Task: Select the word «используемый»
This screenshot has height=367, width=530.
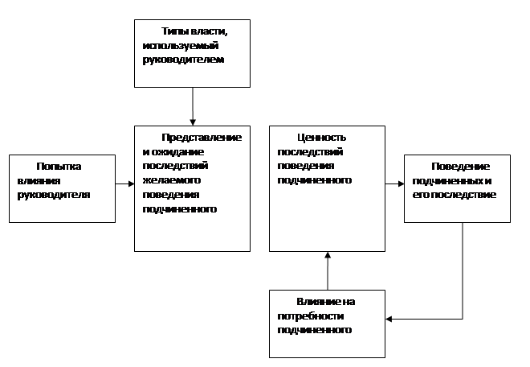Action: (181, 46)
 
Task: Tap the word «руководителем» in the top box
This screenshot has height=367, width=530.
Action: (183, 60)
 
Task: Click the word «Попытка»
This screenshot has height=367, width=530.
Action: (59, 167)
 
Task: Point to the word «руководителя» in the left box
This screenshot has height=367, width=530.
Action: (54, 196)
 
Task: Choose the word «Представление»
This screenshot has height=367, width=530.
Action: (202, 138)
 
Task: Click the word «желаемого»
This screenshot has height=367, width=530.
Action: (172, 180)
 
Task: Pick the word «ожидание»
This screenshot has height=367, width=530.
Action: (177, 152)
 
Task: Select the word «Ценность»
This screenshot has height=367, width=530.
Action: (322, 138)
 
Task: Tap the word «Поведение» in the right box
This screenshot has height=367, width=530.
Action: (460, 167)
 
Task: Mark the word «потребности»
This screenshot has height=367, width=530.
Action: (311, 316)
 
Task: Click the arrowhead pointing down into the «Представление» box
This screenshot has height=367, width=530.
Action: (193, 122)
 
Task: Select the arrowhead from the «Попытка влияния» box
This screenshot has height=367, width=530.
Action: (131, 184)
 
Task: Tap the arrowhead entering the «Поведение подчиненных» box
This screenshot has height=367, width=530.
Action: (401, 184)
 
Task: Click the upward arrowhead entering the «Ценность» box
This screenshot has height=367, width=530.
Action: (328, 255)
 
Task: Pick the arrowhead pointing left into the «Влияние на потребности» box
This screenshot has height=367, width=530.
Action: (389, 319)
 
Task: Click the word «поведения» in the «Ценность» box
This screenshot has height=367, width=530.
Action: (306, 166)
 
